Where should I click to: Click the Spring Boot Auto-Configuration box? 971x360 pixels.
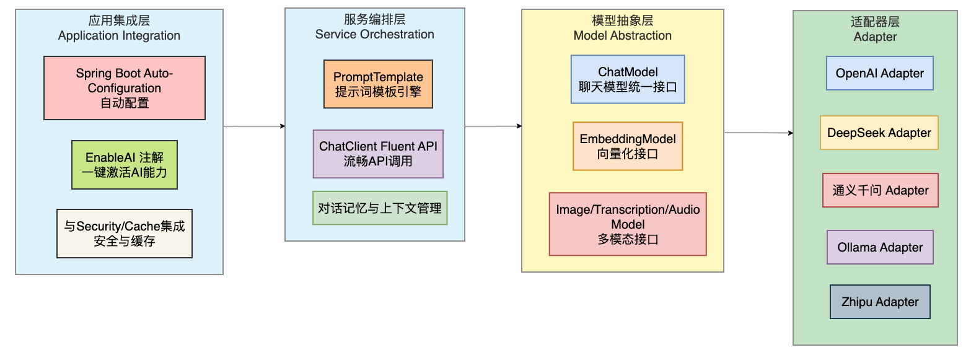click(x=125, y=88)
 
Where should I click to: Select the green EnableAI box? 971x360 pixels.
click(x=125, y=165)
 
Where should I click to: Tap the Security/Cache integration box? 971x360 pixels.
click(x=125, y=234)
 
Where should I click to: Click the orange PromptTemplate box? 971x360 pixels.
click(x=378, y=84)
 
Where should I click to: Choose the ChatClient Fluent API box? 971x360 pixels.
click(x=378, y=154)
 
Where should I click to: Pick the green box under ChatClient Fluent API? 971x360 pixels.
click(x=380, y=208)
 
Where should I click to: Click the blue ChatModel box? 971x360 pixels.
click(x=628, y=79)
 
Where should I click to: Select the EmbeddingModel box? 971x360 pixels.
click(x=628, y=146)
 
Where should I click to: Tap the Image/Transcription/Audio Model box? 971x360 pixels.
click(x=628, y=224)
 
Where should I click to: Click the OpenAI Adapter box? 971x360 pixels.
click(x=879, y=73)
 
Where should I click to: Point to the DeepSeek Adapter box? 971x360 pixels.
click(x=879, y=133)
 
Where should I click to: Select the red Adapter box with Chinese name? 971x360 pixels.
click(x=881, y=190)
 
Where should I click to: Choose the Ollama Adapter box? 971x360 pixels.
click(x=880, y=247)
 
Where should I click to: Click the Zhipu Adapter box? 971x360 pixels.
click(x=880, y=302)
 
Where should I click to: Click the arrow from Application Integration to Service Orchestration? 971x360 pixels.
click(x=255, y=126)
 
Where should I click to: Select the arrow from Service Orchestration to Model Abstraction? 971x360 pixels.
click(x=493, y=126)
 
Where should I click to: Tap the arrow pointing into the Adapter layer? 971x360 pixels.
click(x=759, y=133)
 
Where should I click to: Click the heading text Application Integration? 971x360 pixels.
click(x=119, y=35)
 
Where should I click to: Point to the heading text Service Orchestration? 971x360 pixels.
click(x=374, y=34)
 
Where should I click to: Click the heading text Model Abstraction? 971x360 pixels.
click(x=623, y=35)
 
